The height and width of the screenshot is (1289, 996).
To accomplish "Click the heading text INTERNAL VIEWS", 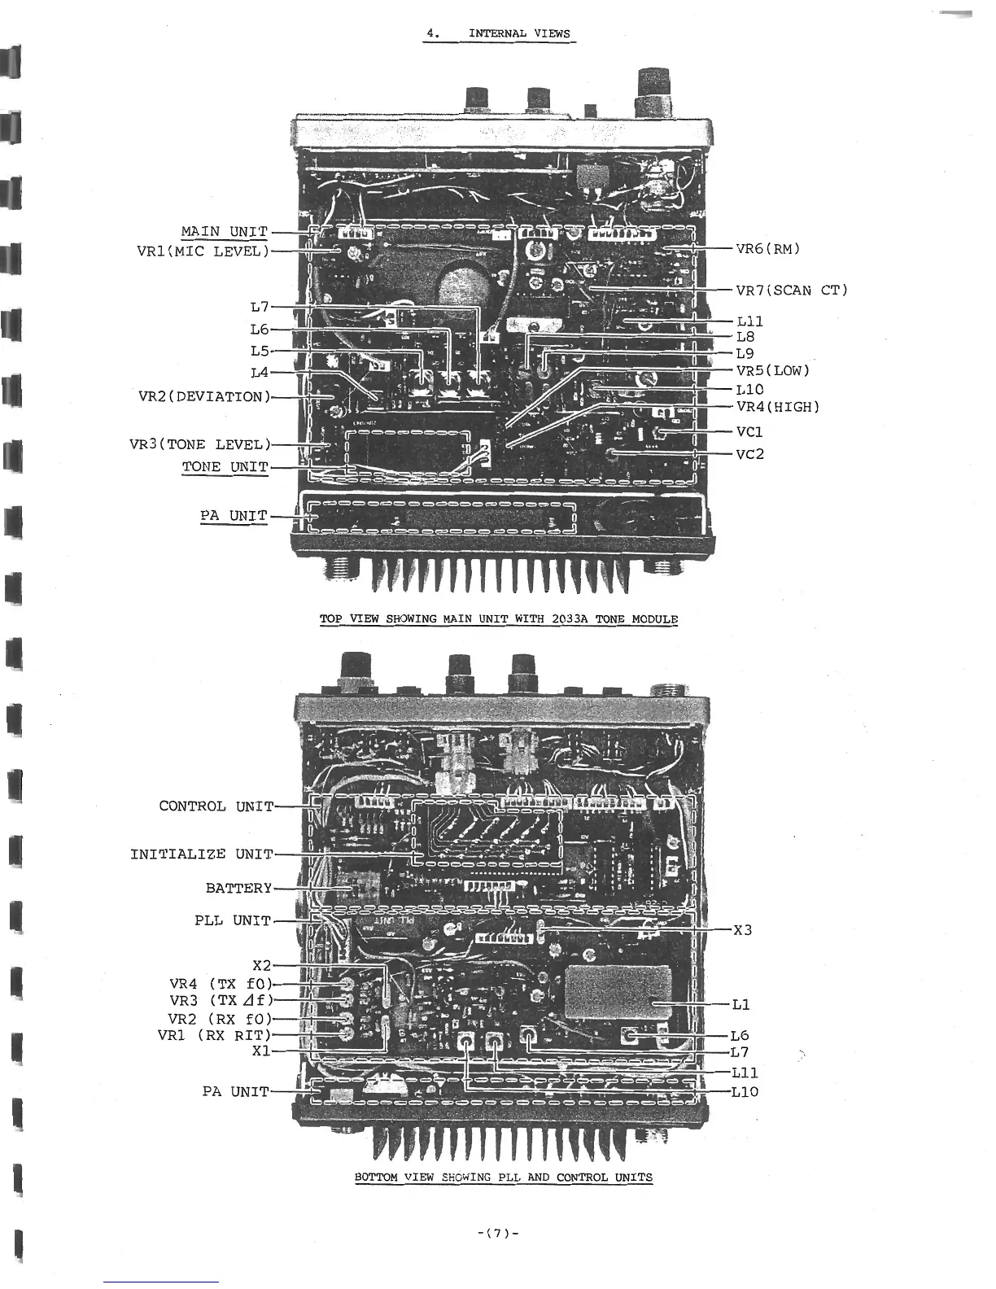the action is (x=519, y=34).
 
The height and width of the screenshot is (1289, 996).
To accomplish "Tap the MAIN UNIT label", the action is (x=224, y=232).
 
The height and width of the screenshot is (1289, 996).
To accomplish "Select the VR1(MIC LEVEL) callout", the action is (x=203, y=251).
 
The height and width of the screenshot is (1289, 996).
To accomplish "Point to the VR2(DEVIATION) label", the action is (x=204, y=397).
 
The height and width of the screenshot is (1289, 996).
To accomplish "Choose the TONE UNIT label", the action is (x=225, y=467).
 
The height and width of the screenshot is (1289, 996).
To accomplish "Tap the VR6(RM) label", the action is (x=768, y=249).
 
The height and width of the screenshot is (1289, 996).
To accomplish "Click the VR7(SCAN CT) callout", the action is (x=791, y=291).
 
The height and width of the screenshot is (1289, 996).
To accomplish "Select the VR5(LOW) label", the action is (x=773, y=371).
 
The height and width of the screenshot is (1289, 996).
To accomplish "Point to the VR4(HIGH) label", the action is (x=777, y=407).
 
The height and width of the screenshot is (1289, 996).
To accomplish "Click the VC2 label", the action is (x=749, y=454).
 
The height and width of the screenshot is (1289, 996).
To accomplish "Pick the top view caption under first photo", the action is (x=498, y=619).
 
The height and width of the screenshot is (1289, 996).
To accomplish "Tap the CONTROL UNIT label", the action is (x=216, y=806).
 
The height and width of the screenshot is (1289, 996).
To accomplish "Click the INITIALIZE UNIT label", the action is (x=202, y=854).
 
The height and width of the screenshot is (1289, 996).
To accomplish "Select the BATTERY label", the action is (x=238, y=889).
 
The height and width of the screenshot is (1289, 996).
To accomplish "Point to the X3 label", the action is (x=742, y=930).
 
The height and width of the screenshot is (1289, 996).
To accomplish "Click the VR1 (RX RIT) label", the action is (x=213, y=1036).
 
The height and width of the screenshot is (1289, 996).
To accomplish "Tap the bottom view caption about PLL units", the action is (x=503, y=1177).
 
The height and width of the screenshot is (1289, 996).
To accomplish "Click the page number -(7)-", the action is (x=498, y=1233).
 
